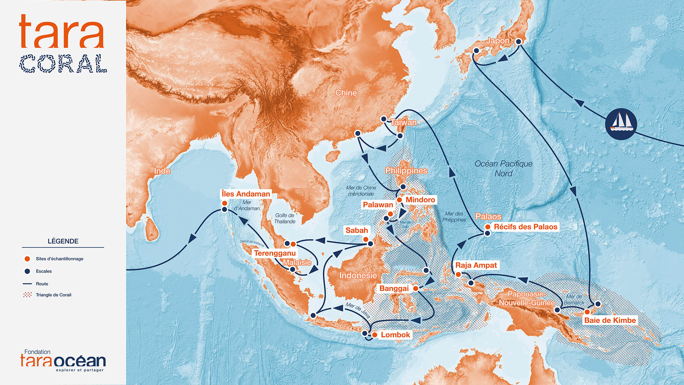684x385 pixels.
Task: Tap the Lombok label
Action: pos(395,335)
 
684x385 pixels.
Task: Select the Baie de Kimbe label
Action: pos(610,320)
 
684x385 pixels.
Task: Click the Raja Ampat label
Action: pos(476,265)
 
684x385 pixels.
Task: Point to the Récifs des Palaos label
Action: pos(526,227)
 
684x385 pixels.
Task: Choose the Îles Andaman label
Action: pos(246,194)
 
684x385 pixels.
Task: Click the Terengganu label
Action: pos(275,253)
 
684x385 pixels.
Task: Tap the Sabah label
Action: pos(356,230)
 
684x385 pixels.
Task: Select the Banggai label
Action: pos(394,288)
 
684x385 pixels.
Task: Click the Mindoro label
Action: pos(420,200)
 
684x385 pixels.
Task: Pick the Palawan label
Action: pos(378,205)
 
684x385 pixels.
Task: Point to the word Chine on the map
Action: pos(346,93)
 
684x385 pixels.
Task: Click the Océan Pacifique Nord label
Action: pos(503,168)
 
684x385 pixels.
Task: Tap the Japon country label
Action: pos(498,41)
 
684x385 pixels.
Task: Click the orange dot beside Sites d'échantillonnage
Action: pos(27,259)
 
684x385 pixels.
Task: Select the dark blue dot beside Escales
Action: pos(27,271)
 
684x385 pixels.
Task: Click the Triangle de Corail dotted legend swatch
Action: pos(27,295)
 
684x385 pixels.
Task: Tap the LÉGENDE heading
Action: pos(63,241)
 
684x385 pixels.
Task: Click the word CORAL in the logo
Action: pos(63,64)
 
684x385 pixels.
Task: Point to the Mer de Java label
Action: pos(358,310)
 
